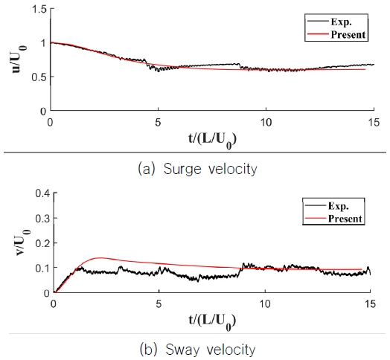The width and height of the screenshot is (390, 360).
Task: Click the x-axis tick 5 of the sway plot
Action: click(159, 303)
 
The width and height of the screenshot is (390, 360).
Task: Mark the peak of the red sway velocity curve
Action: click(100, 258)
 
